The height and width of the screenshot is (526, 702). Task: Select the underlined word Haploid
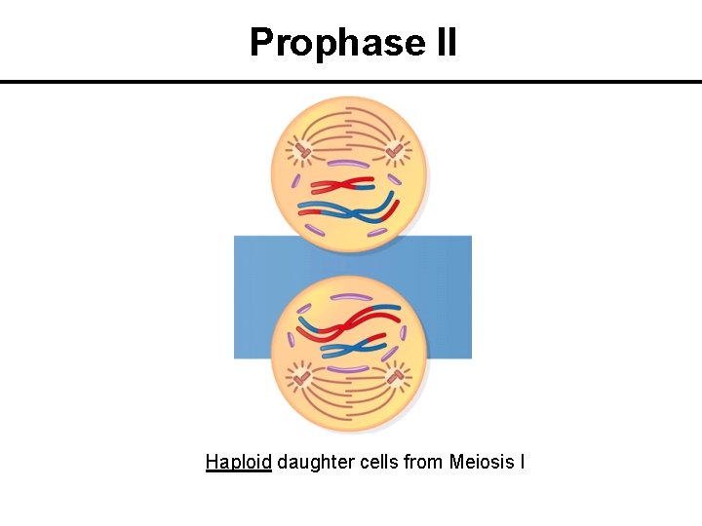click(238, 462)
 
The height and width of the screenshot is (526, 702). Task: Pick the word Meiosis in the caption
click(481, 462)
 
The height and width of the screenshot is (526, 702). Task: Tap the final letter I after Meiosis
click(522, 462)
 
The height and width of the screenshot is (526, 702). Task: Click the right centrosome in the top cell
click(396, 151)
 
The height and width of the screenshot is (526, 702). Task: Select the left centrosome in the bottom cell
click(302, 376)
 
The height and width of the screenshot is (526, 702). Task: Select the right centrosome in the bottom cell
click(396, 374)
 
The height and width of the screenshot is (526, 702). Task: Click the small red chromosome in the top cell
click(342, 185)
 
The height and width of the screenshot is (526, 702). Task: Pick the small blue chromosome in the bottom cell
click(351, 346)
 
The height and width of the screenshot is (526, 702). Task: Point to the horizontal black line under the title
click(351, 82)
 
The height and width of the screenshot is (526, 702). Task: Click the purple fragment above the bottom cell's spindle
click(347, 368)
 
